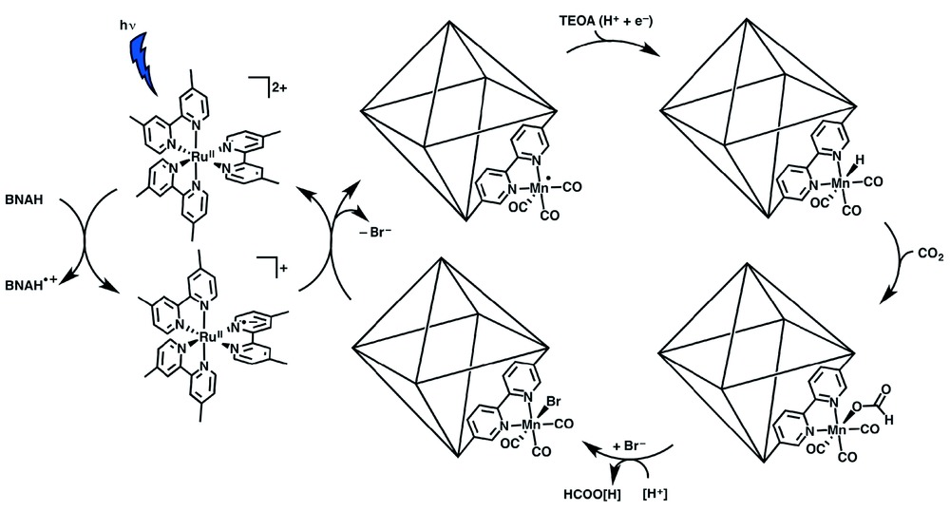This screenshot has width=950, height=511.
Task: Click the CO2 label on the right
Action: click(927, 254)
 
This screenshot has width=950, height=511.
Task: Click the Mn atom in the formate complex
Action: click(837, 431)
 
